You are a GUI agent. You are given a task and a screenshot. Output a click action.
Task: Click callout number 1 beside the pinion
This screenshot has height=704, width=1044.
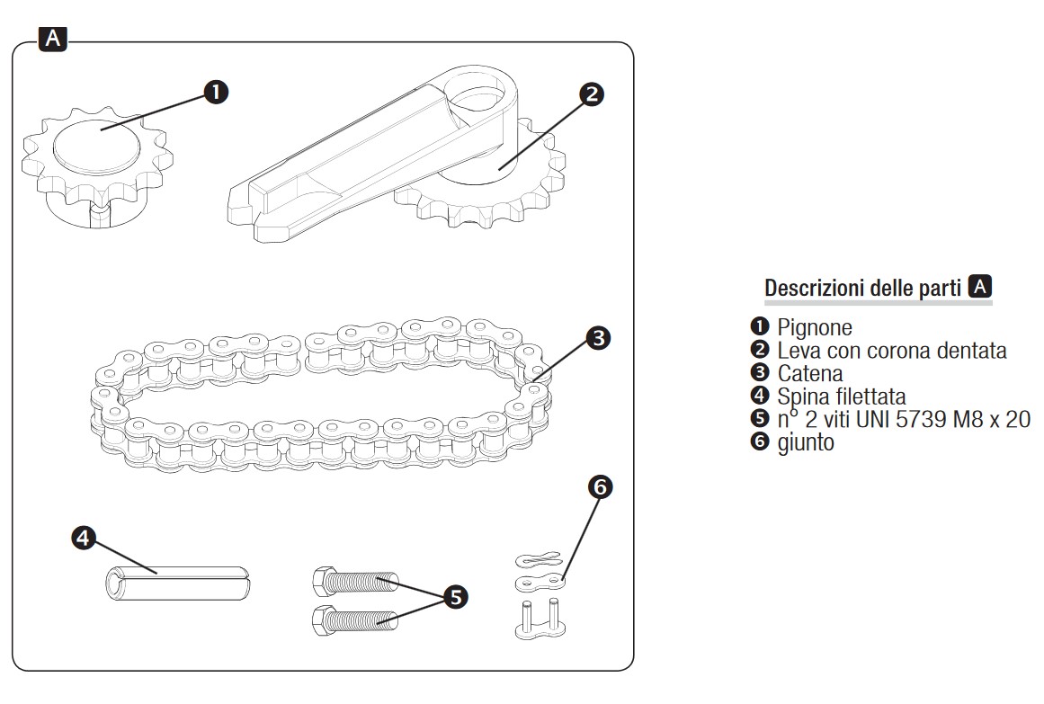(x=216, y=92)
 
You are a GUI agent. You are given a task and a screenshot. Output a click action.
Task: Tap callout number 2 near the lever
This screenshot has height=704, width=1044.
(x=590, y=94)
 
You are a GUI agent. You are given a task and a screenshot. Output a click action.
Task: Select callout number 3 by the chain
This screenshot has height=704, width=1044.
(x=598, y=338)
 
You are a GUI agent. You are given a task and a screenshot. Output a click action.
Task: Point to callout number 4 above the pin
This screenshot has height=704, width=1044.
(x=84, y=538)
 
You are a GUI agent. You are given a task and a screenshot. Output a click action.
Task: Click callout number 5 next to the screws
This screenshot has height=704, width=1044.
(x=456, y=596)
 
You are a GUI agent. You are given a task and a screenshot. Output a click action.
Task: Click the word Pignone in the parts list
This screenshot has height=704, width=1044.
(x=815, y=327)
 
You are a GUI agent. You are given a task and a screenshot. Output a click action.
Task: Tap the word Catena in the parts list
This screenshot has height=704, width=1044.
(x=810, y=373)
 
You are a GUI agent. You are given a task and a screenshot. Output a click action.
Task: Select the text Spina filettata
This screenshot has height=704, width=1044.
(x=842, y=397)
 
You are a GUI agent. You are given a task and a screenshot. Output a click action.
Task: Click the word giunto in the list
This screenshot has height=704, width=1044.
(x=806, y=442)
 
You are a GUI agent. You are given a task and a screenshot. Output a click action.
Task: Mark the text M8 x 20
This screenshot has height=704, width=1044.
(x=990, y=419)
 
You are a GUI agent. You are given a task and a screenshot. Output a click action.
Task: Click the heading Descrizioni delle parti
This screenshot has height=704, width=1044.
(x=864, y=289)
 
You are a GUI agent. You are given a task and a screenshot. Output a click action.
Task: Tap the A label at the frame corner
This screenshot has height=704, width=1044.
(x=53, y=38)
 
